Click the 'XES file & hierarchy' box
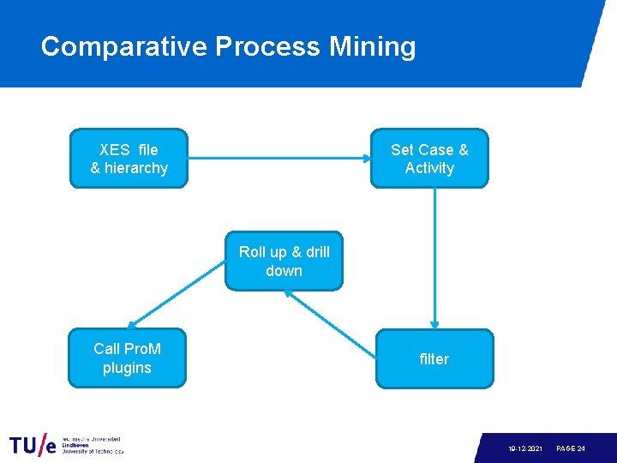pos(129,159)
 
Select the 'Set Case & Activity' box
pos(429,159)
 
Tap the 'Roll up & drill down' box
pos(284,262)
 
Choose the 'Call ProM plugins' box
pos(127,358)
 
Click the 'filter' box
pos(434,359)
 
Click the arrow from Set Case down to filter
pos(434,257)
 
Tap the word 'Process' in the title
pos(267,46)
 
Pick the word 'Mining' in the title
pos(373,46)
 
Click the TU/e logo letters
pos(33,446)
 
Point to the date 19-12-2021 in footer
pos(524,449)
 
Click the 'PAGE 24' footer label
pos(571,449)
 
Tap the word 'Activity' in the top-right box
pos(429,168)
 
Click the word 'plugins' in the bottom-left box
pos(127,368)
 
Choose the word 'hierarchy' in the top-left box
pos(135,168)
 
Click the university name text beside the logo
pos(92,445)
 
